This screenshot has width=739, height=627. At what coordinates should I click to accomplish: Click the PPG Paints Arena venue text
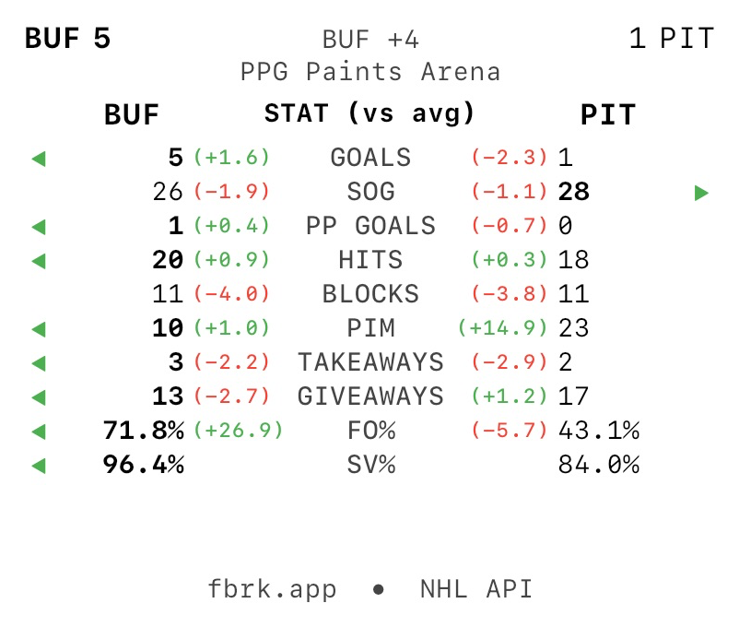click(x=369, y=71)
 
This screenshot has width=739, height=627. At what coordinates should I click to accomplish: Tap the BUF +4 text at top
click(x=370, y=40)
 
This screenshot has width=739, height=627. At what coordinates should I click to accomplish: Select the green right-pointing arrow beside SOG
click(x=701, y=193)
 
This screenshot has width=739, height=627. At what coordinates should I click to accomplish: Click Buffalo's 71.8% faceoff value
click(x=143, y=431)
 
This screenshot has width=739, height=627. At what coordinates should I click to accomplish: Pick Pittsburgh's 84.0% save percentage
click(x=599, y=465)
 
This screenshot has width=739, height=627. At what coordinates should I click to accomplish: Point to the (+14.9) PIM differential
click(x=502, y=328)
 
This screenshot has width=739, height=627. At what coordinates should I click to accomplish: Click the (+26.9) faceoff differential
click(x=238, y=431)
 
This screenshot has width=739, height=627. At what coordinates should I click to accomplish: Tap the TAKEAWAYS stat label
click(x=370, y=362)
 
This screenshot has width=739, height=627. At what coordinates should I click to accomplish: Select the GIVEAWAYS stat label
click(x=370, y=396)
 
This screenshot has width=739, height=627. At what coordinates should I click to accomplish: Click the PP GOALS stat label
click(x=370, y=226)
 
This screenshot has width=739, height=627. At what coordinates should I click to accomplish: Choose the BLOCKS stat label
click(x=370, y=294)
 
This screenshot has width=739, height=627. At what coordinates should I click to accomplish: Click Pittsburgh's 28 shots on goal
click(x=573, y=192)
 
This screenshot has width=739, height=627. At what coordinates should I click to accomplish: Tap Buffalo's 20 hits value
click(x=168, y=260)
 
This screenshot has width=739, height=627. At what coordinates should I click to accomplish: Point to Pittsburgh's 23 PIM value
click(x=573, y=328)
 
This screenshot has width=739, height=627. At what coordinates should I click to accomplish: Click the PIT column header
click(x=607, y=114)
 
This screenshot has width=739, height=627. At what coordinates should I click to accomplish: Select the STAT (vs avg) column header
click(x=369, y=113)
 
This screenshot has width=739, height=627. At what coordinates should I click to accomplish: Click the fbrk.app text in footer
click(x=272, y=589)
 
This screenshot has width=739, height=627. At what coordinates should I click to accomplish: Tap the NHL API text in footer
click(x=476, y=589)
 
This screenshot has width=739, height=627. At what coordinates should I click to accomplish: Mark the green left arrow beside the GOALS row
click(x=38, y=159)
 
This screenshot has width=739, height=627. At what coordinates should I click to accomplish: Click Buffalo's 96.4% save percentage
click(x=143, y=465)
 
